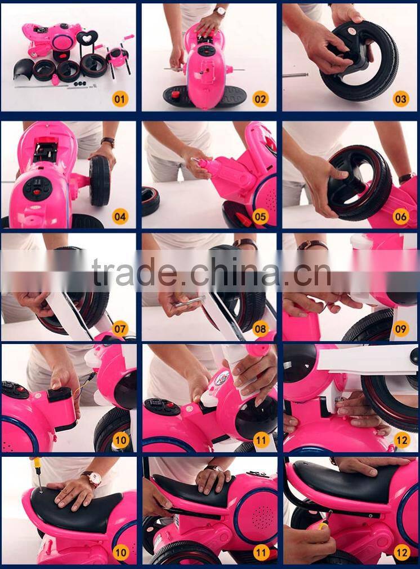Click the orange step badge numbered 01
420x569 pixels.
click(x=120, y=99)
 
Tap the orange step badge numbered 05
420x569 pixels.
click(x=260, y=217)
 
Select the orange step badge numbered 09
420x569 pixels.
click(x=400, y=329)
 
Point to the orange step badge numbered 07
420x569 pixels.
click(x=120, y=329)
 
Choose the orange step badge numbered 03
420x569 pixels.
click(x=400, y=99)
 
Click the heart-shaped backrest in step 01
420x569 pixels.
click(x=87, y=37)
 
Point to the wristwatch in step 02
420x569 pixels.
click(x=220, y=12)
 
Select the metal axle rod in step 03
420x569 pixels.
click(x=296, y=75)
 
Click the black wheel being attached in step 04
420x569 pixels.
click(x=99, y=180)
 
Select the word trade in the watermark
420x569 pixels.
click(x=134, y=272)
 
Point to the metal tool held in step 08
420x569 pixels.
click(x=190, y=302)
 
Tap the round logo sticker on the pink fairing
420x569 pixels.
click(x=222, y=378)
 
